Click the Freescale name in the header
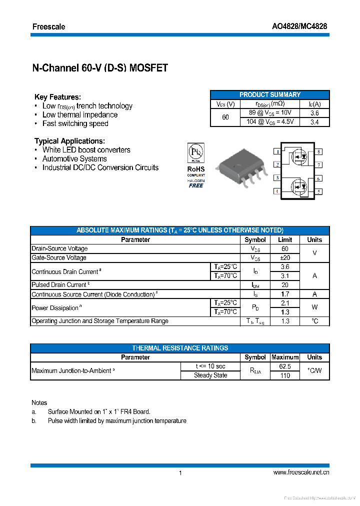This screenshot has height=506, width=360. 48,26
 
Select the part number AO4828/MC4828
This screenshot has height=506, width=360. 299,26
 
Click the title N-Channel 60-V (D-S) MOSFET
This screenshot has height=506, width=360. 100,68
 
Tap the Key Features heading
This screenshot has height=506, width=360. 57,97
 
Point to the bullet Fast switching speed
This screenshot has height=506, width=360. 75,123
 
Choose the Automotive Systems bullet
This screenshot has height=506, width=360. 74,158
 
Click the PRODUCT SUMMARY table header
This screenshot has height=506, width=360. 269,94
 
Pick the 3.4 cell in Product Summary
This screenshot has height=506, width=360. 314,122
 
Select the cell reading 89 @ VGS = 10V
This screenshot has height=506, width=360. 270,113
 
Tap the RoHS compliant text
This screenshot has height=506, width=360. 196,169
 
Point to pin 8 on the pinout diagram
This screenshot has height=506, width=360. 318,151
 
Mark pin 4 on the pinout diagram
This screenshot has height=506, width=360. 276,191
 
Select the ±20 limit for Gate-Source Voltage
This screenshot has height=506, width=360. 284,257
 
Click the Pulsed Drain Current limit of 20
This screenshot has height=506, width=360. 284,285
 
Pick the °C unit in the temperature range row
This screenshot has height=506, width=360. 314,321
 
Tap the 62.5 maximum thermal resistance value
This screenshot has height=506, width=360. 284,366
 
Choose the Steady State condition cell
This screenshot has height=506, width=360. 210,375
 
